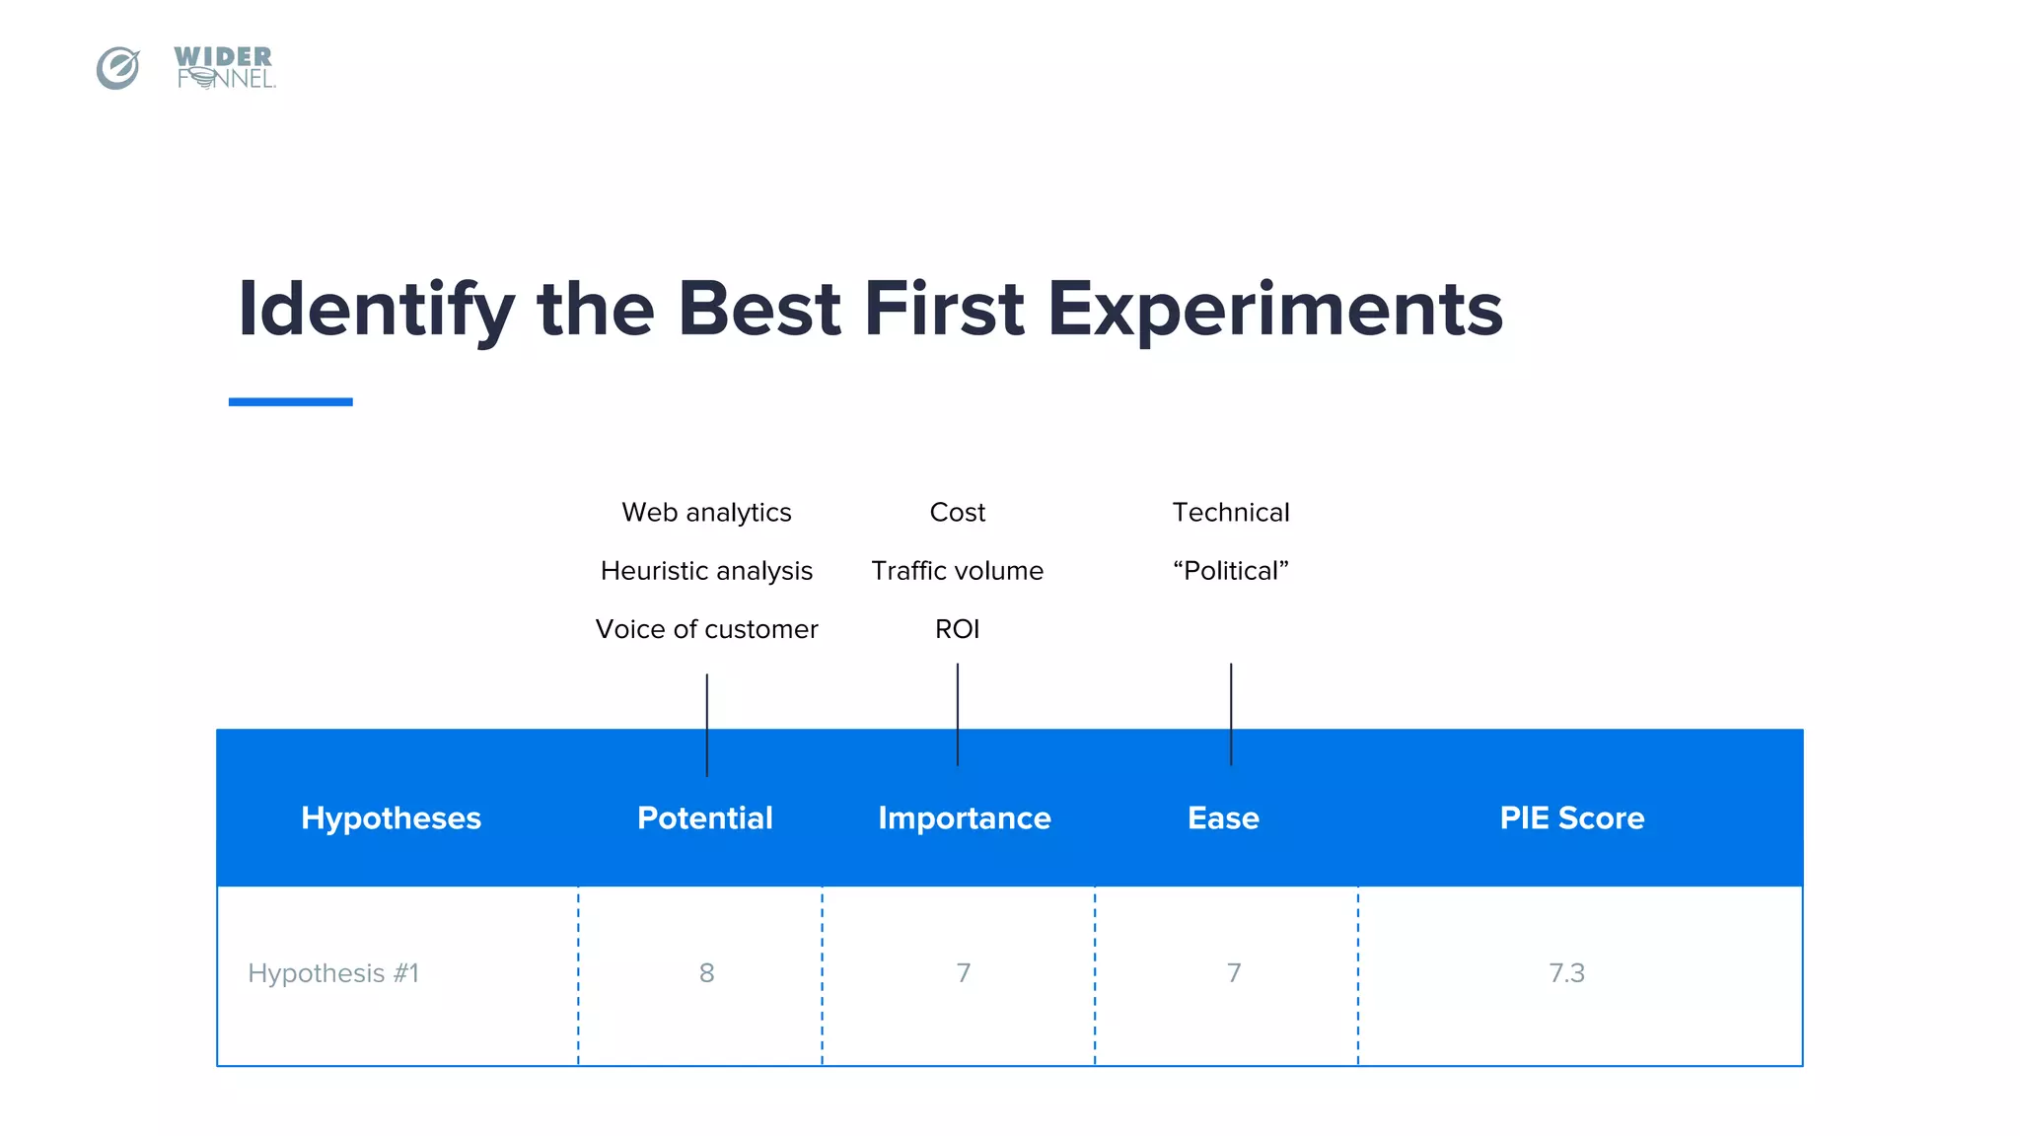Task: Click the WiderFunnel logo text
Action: [224, 68]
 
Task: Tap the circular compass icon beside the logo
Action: [118, 68]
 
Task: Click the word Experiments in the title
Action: [1274, 309]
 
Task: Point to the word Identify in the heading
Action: [376, 311]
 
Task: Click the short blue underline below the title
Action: [290, 401]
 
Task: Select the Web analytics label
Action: [706, 513]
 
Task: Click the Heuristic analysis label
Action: [706, 571]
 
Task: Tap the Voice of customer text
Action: [706, 629]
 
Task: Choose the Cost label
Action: [957, 513]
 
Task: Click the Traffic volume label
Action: [957, 571]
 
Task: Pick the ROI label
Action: [957, 629]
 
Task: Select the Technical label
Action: [1230, 513]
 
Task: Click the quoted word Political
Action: [1230, 571]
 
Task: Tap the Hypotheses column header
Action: [391, 817]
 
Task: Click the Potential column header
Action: [704, 817]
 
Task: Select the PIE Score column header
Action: [1571, 817]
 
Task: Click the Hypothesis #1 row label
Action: [333, 973]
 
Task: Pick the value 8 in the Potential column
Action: [706, 973]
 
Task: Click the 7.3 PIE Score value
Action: [1566, 973]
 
